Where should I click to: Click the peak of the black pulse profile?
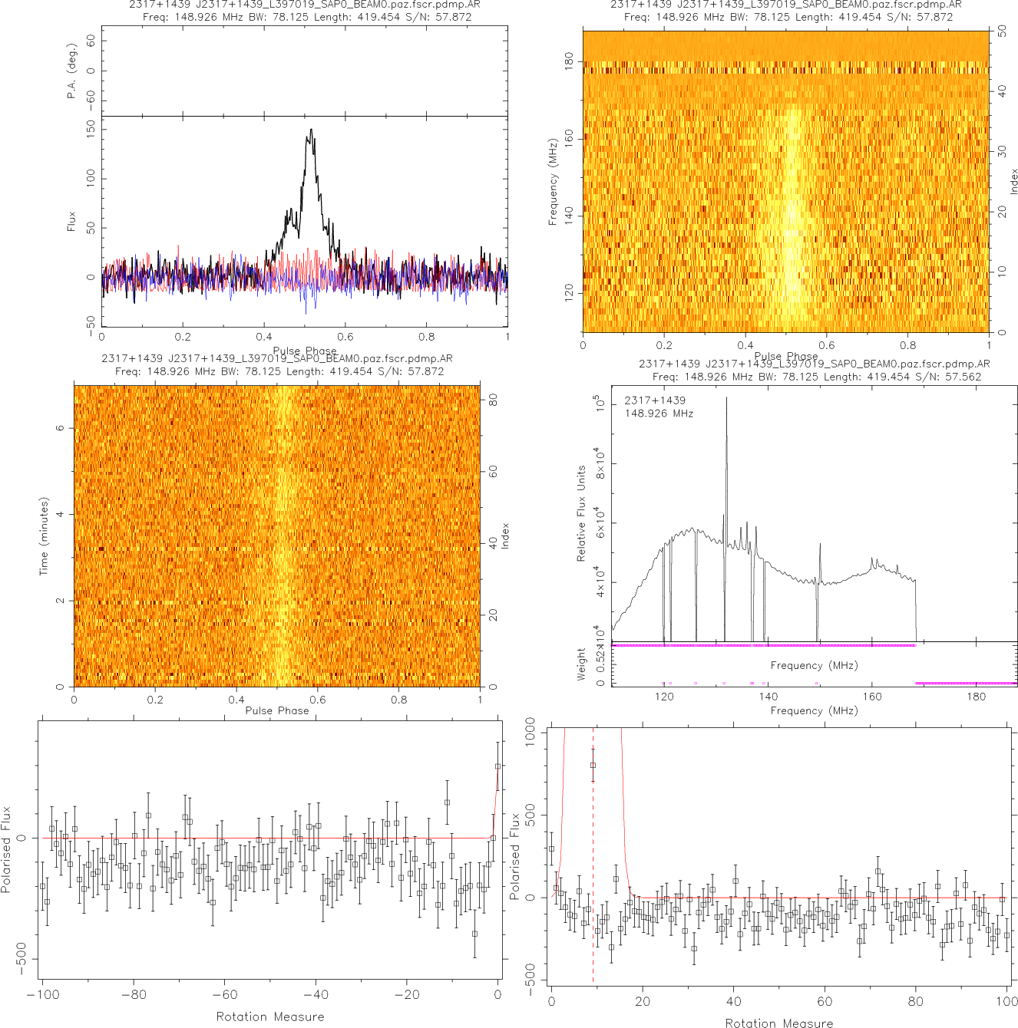pos(311,130)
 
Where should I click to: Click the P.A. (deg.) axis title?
pos(71,71)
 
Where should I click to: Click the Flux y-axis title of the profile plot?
pos(71,222)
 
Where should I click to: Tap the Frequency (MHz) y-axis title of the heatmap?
pos(552,182)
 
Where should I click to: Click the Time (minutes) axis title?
pos(44,536)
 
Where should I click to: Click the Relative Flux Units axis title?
pos(581,513)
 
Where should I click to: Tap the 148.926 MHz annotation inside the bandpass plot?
pos(659,414)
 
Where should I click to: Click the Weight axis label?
pos(581,664)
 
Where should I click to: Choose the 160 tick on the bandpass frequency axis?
pos(872,697)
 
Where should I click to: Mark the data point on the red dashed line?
pos(593,765)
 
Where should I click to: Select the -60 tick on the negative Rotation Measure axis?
pos(224,995)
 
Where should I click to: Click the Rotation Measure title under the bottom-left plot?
pos(270,1016)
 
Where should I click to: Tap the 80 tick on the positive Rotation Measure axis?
pos(916,1001)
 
